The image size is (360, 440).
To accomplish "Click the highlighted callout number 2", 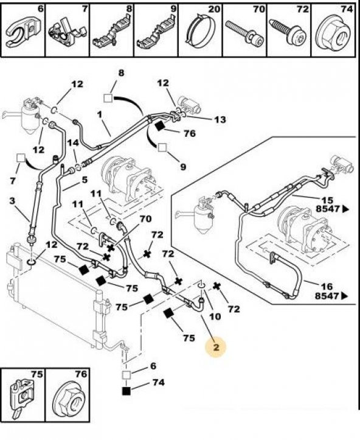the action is click(x=216, y=347).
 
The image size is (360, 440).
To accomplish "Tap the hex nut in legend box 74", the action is click(x=334, y=34).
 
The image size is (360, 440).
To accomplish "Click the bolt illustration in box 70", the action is click(x=244, y=33).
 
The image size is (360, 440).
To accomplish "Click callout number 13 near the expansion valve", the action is click(x=220, y=120).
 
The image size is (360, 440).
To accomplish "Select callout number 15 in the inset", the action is click(x=327, y=200).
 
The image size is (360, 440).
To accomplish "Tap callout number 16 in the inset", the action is click(x=327, y=287).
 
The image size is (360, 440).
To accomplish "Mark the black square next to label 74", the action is click(x=126, y=391).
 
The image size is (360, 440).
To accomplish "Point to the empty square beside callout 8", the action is click(x=108, y=98).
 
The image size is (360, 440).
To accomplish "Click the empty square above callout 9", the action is click(x=162, y=148).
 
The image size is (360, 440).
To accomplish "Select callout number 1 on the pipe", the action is click(x=99, y=114).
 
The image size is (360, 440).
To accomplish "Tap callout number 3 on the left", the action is click(x=12, y=201).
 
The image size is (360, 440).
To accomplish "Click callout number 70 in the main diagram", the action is click(x=145, y=218).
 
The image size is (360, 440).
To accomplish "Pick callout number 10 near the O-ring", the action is click(x=215, y=316).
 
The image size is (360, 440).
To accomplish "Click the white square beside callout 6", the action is click(x=126, y=375).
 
